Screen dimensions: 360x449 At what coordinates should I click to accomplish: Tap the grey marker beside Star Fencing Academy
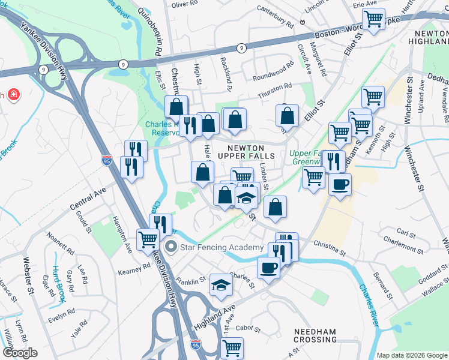[171, 247]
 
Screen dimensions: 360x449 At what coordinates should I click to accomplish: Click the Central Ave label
[87, 200]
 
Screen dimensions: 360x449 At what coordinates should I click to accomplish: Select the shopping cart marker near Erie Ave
[373, 19]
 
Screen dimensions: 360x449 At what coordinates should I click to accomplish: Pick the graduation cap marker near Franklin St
[221, 286]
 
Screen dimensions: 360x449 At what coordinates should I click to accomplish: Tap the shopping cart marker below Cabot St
[232, 347]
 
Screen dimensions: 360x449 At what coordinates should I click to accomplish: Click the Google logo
[20, 353]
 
